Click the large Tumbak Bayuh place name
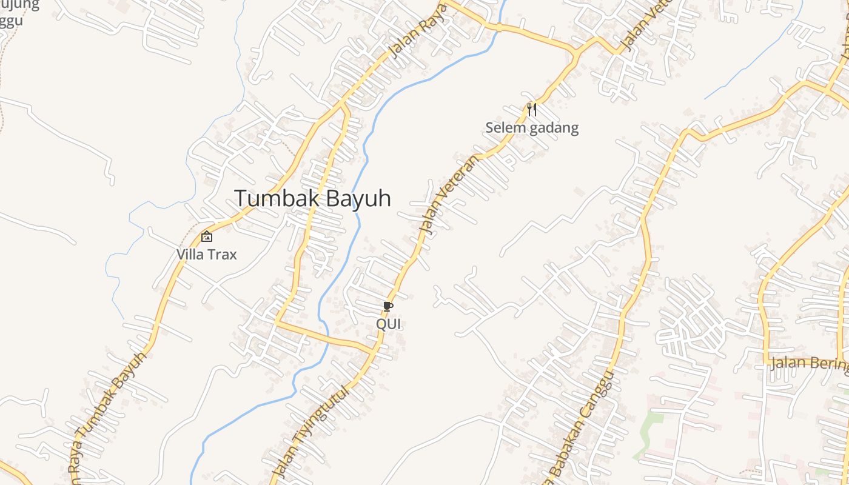[x=312, y=198]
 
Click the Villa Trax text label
[x=207, y=254]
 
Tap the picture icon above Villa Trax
[x=207, y=236]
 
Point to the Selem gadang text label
[x=532, y=128]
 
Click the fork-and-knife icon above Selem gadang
[x=532, y=109]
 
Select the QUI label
[x=389, y=324]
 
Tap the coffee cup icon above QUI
[x=388, y=306]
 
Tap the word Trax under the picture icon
[x=222, y=254]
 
